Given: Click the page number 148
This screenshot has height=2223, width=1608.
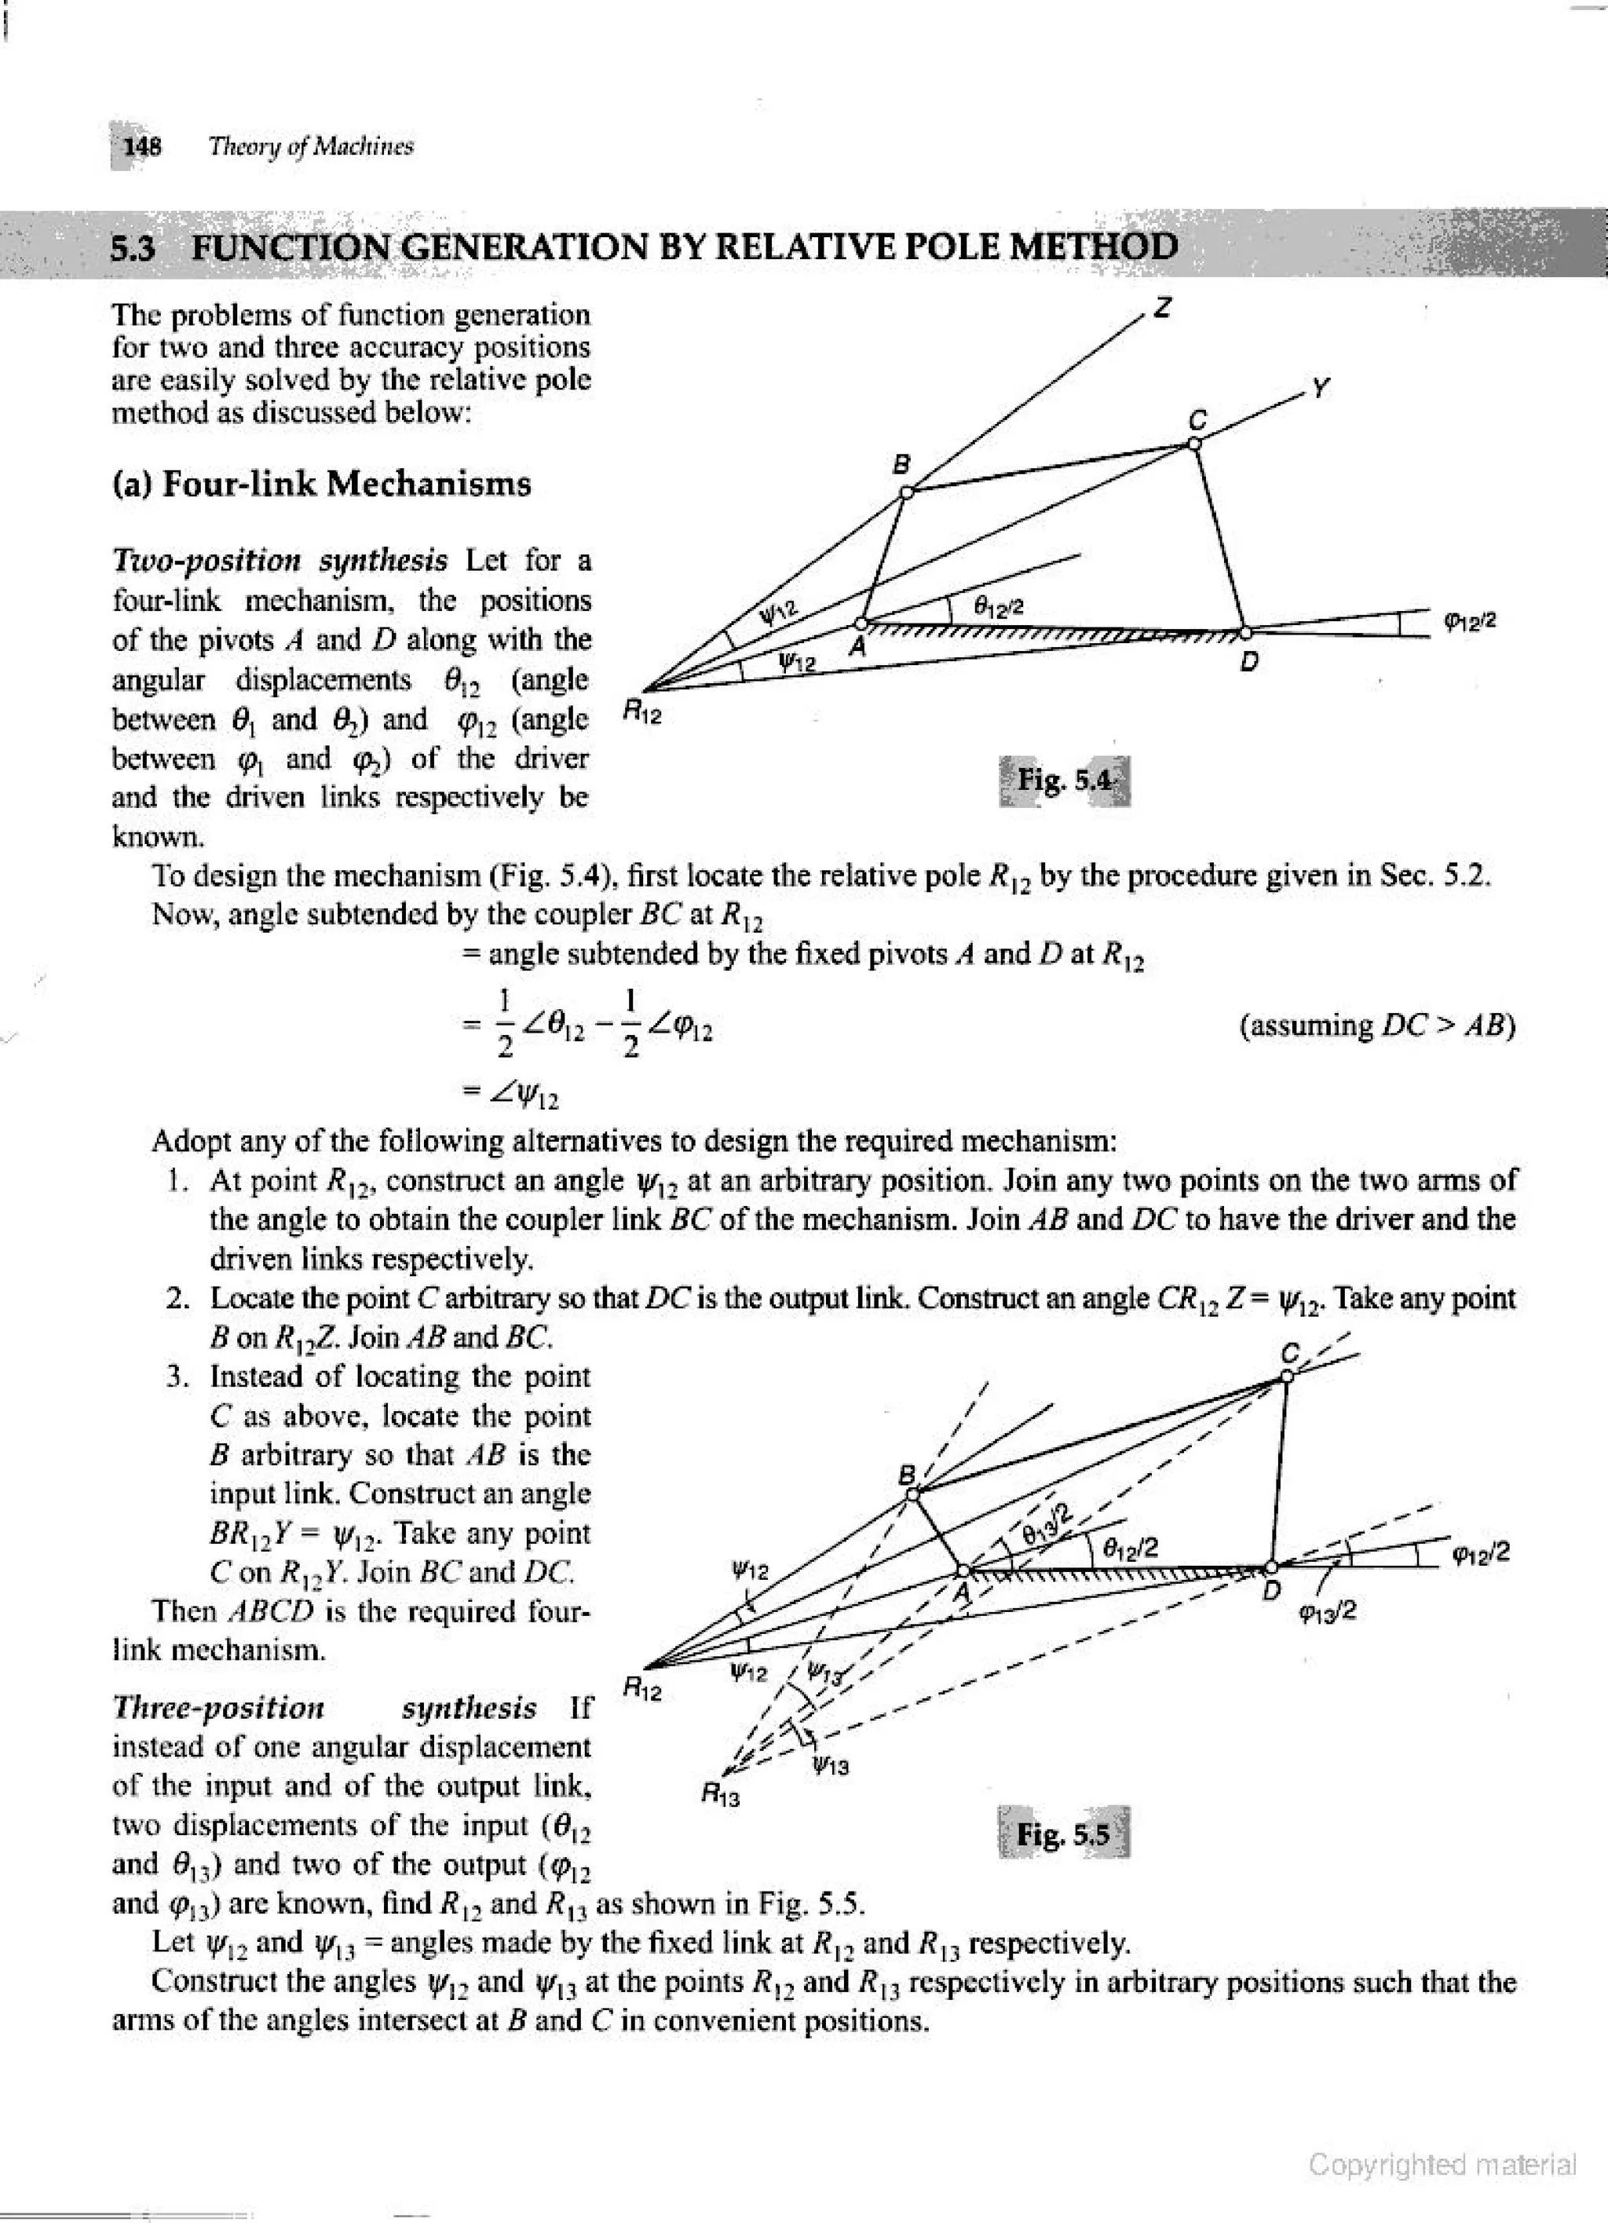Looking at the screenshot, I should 143,147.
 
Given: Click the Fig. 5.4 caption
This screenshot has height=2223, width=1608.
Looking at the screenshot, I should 1064,781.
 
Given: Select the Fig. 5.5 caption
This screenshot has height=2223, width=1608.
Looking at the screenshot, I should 1063,1833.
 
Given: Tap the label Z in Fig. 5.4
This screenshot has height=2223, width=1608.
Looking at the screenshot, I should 1163,308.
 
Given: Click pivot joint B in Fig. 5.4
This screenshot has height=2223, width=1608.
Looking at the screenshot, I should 906,492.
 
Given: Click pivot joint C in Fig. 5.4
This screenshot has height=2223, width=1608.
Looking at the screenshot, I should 1193,444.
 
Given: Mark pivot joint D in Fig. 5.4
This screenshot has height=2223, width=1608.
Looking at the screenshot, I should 1244,631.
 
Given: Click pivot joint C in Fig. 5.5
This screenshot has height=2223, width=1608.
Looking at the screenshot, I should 1288,1377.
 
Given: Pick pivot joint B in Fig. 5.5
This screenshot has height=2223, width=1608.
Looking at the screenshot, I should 912,1494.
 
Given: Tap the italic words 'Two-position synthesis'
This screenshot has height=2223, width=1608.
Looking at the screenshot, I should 280,561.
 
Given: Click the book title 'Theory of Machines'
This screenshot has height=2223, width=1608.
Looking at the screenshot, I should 312,147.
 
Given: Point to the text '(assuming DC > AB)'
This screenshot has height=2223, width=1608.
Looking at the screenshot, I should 1376,1026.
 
